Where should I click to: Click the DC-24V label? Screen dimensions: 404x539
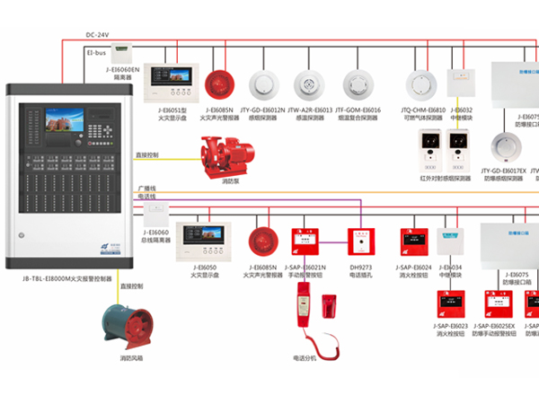98,35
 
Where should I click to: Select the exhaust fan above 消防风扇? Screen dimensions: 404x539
129,324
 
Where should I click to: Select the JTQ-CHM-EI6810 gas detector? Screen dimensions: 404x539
419,84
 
